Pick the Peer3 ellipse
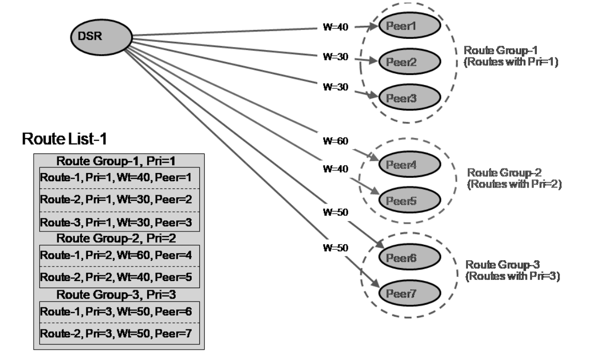[409, 97]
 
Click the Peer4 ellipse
[409, 165]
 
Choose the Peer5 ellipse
[409, 199]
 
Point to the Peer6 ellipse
[409, 258]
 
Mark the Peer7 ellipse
[409, 293]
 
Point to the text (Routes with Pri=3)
[513, 276]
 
